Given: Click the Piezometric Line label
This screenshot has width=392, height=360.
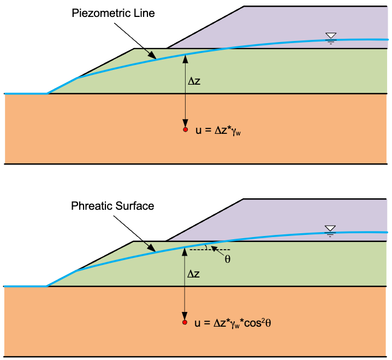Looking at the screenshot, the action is click(113, 13).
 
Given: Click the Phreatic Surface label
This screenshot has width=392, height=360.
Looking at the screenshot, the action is click(112, 206).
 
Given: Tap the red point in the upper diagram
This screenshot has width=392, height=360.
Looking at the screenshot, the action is click(185, 129).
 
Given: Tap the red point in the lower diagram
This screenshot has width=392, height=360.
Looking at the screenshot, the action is click(185, 322).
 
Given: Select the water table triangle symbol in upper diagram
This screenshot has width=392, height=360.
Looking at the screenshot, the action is click(331, 36).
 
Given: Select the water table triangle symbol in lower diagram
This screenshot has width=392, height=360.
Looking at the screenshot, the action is click(330, 228).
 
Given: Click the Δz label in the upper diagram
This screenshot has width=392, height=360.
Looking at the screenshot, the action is click(194, 81).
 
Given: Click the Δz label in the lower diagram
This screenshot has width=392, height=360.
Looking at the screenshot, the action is click(193, 274).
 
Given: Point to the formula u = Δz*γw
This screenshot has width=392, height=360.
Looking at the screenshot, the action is click(218, 131).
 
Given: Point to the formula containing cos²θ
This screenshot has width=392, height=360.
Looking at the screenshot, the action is click(233, 323).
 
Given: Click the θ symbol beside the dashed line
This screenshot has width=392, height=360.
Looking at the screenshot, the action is click(228, 259).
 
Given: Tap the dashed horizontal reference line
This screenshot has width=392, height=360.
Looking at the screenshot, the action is click(210, 250).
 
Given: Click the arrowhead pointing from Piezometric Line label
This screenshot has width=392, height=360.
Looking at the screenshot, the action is click(152, 55).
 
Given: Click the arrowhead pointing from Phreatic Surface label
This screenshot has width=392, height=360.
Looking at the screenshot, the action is click(151, 247).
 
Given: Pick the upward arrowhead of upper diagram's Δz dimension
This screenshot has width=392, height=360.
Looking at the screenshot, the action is click(185, 58).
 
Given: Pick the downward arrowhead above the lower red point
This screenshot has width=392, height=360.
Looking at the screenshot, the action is click(185, 316).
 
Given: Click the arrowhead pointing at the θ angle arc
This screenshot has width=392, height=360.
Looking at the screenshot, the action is click(214, 249).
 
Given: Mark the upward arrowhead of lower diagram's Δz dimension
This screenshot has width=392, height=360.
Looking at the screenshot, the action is click(185, 251).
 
